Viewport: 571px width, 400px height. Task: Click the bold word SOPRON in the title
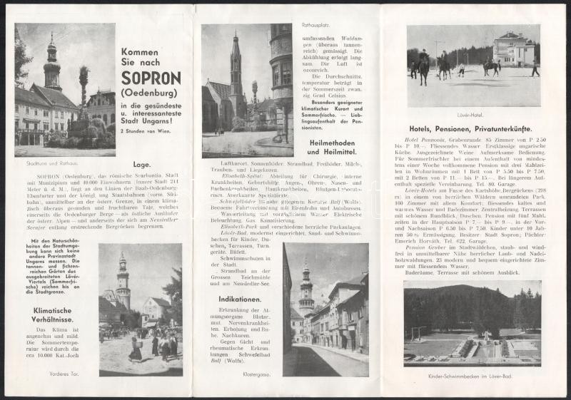point(151,78)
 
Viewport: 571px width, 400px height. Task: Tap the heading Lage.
point(151,163)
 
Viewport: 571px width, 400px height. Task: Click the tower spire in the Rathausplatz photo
point(235,50)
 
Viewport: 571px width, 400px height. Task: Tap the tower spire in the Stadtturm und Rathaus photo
point(52,50)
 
